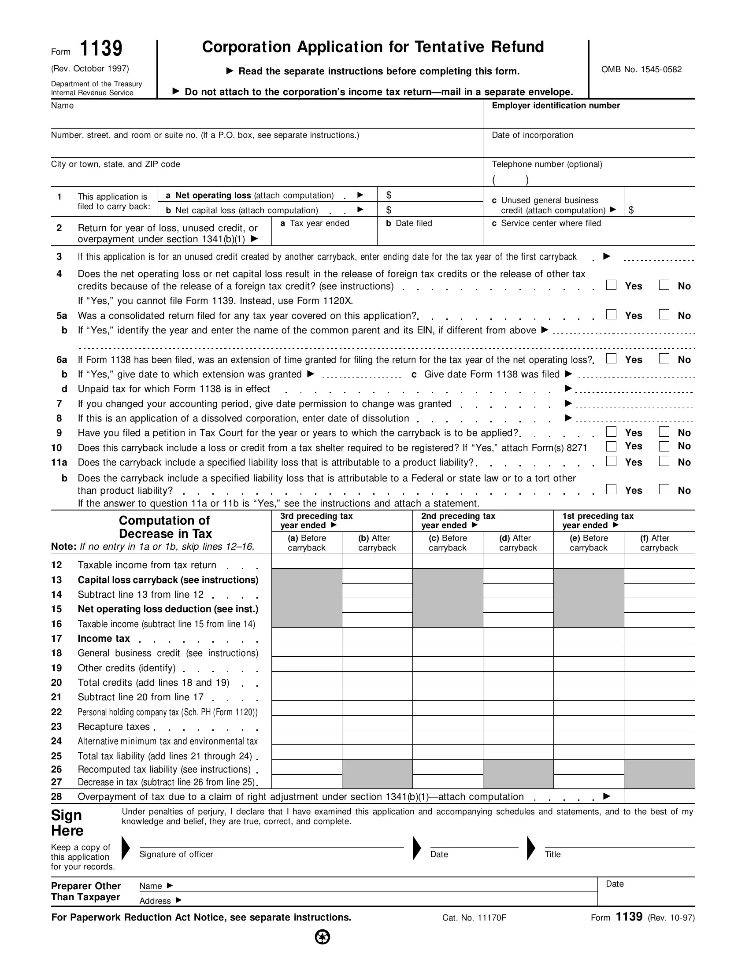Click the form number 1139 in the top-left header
pyautogui.click(x=101, y=49)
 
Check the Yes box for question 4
pyautogui.click(x=611, y=285)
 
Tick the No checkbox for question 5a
pyautogui.click(x=664, y=314)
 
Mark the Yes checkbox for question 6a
pyautogui.click(x=611, y=359)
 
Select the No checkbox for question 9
pyautogui.click(x=664, y=432)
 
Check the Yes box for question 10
pyautogui.click(x=611, y=446)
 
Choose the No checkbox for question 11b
pyautogui.click(x=664, y=489)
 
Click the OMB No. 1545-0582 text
pyautogui.click(x=641, y=70)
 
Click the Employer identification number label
pyautogui.click(x=556, y=106)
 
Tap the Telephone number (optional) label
pyautogui.click(x=547, y=164)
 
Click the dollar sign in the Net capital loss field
pyautogui.click(x=389, y=210)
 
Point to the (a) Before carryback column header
pyautogui.click(x=307, y=543)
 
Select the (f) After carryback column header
pyautogui.click(x=659, y=543)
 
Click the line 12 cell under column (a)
pyautogui.click(x=307, y=562)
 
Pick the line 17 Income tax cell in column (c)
pyautogui.click(x=447, y=635)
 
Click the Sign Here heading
pyautogui.click(x=67, y=823)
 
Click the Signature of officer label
pyautogui.click(x=176, y=854)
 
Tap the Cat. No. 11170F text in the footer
pyautogui.click(x=474, y=917)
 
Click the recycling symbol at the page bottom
pyautogui.click(x=323, y=937)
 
